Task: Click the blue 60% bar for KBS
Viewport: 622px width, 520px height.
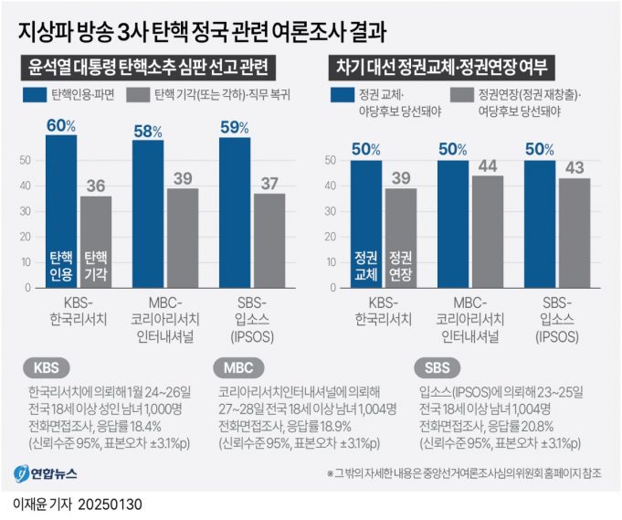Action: (61, 210)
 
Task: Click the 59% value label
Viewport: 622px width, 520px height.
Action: (235, 125)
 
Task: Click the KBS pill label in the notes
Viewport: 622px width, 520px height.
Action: (44, 368)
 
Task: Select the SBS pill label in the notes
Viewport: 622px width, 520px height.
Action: (438, 368)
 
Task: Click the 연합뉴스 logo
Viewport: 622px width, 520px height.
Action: (55, 473)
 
